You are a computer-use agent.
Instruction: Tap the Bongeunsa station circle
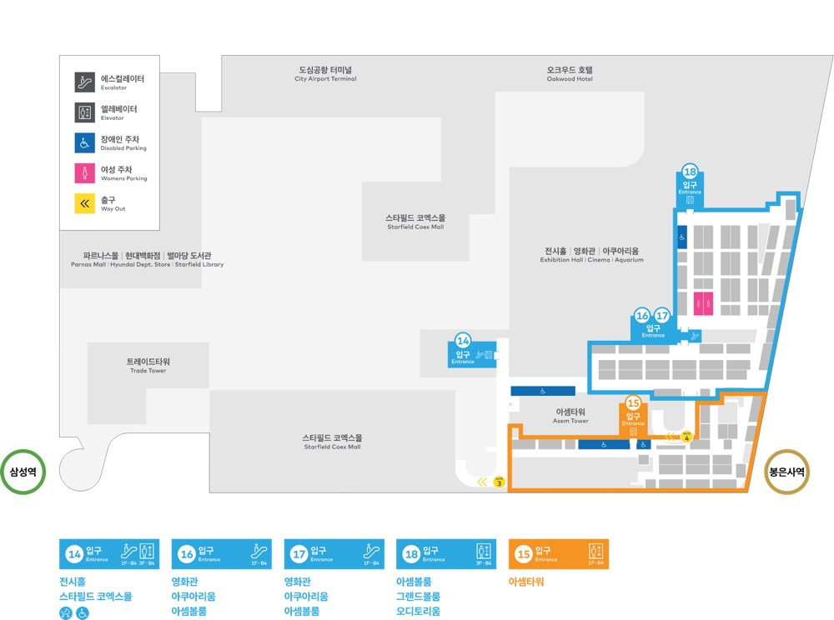[x=786, y=472]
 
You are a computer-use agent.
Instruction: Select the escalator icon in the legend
[x=84, y=82]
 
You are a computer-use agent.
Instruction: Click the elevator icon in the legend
[x=84, y=112]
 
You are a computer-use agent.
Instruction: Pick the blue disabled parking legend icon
[x=84, y=142]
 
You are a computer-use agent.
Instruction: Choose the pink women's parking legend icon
[x=84, y=172]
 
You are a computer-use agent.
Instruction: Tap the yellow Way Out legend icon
[x=84, y=203]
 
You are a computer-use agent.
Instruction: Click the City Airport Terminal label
[x=325, y=74]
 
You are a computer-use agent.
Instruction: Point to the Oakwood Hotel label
[x=570, y=74]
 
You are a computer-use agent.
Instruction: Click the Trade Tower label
[x=148, y=365]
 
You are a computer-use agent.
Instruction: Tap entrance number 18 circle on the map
[x=690, y=172]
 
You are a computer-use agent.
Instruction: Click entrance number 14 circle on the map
[x=464, y=340]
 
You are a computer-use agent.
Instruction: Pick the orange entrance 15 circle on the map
[x=632, y=403]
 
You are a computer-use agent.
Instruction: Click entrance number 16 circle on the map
[x=642, y=316]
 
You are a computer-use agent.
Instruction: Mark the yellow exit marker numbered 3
[x=499, y=482]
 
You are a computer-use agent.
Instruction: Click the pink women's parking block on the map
[x=703, y=302]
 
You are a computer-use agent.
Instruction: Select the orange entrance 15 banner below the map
[x=558, y=552]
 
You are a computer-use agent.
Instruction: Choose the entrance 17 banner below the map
[x=334, y=552]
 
